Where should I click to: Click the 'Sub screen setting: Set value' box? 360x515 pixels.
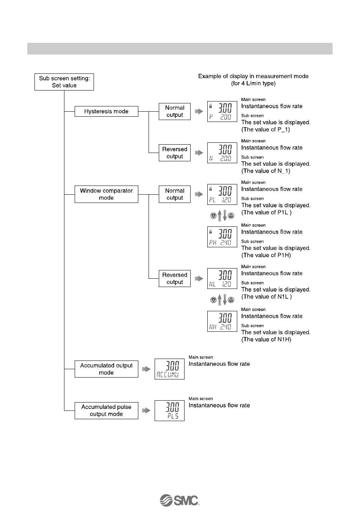[64, 82]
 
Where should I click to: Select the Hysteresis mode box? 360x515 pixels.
[106, 111]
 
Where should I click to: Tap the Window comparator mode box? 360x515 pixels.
[106, 194]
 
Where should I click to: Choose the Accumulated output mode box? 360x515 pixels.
[106, 369]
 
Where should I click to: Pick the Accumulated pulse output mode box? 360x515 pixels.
[106, 410]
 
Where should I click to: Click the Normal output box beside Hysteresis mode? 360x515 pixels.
[175, 111]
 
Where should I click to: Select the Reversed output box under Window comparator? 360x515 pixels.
[175, 278]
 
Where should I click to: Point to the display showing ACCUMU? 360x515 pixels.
[169, 369]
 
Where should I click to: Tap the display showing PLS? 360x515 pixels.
[169, 410]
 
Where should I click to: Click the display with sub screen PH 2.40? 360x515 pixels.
[222, 237]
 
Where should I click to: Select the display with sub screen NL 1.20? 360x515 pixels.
[222, 278]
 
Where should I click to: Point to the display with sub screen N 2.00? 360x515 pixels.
[222, 153]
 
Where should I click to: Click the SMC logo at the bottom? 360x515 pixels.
[180, 500]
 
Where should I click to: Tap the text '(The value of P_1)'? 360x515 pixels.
[266, 130]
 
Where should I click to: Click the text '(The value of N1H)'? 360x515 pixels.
[266, 339]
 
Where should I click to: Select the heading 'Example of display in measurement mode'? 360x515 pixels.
[253, 76]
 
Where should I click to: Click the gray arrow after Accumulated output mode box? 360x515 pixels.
[146, 369]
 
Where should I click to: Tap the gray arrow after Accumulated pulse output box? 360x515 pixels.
[146, 410]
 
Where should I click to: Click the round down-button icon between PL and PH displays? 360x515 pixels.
[213, 216]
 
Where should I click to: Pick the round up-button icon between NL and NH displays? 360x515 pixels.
[231, 300]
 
